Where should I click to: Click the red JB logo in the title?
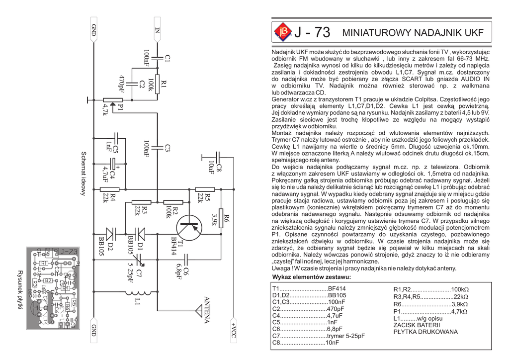[x=283, y=32]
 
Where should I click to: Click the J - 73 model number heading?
[x=312, y=33]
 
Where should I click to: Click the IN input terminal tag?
[x=158, y=32]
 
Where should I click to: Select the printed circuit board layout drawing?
[x=52, y=288]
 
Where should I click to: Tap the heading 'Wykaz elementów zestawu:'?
[x=312, y=277]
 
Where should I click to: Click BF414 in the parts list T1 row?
[x=337, y=289]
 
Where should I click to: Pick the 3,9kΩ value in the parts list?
[x=459, y=304]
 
